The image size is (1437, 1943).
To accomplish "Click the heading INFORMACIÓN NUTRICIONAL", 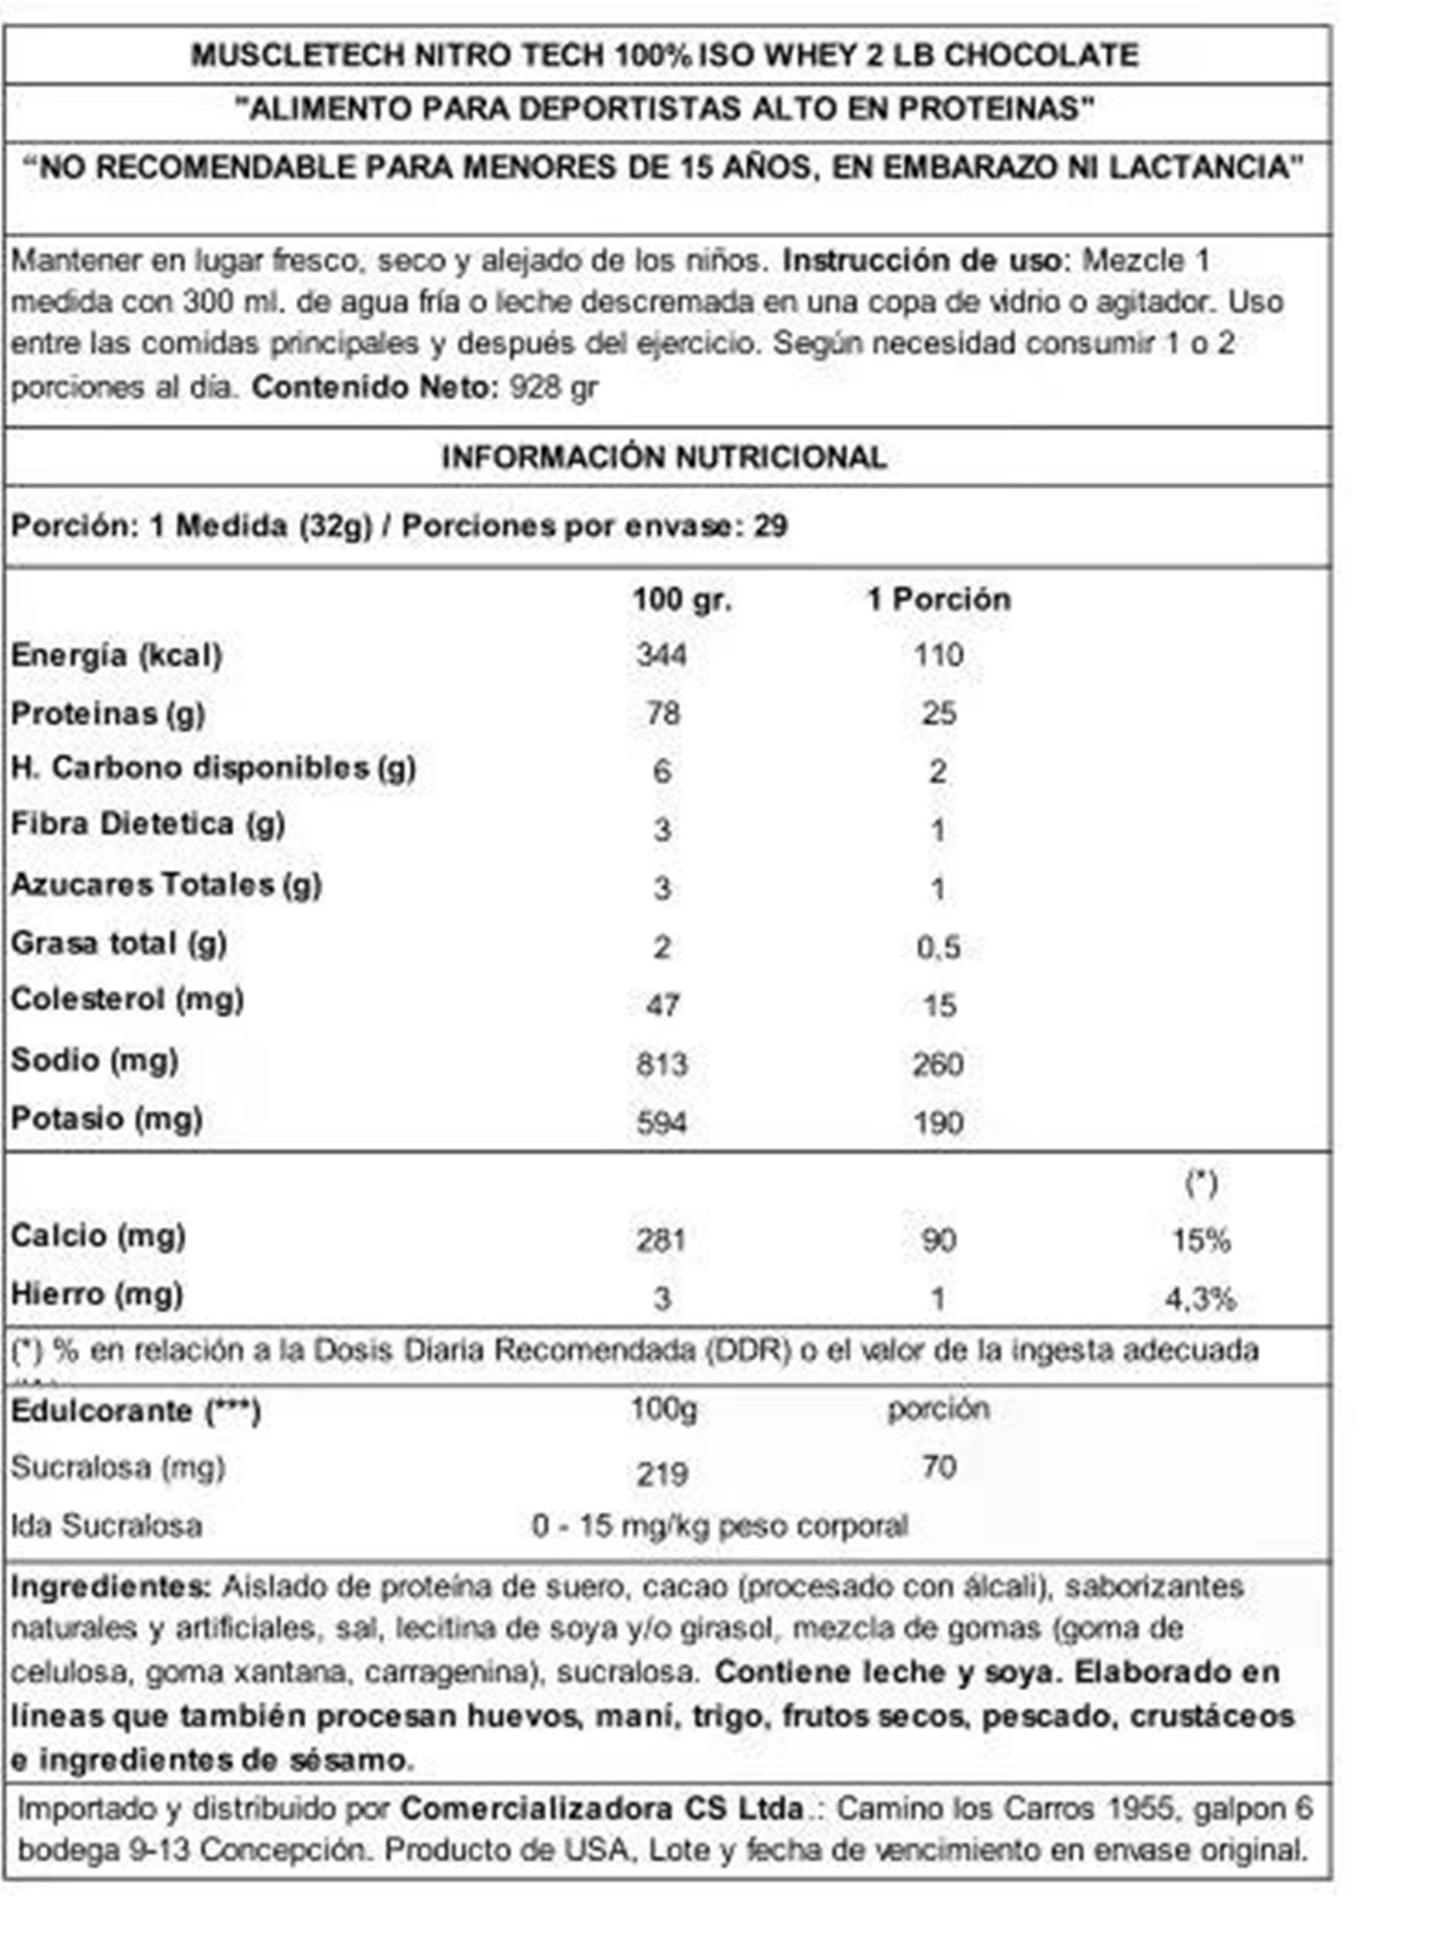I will [x=664, y=457].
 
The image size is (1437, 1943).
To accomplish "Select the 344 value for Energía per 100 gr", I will [x=661, y=654].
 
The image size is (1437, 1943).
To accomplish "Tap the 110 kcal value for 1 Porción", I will [x=938, y=654].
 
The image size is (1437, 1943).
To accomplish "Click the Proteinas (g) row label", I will [x=108, y=713].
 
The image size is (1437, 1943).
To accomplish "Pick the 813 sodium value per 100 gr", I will [x=661, y=1063].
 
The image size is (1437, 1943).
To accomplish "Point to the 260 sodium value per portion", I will [x=938, y=1063].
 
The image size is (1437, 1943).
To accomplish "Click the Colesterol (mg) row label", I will [x=127, y=1000].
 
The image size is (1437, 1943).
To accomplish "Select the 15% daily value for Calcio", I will [x=1200, y=1240].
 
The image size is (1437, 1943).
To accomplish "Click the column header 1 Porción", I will [x=939, y=599].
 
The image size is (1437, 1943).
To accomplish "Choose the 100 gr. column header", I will [x=682, y=599].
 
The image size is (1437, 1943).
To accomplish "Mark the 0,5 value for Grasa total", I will [x=938, y=946].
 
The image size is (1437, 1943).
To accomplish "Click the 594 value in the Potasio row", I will [x=661, y=1123].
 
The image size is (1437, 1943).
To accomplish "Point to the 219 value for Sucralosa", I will [x=662, y=1474].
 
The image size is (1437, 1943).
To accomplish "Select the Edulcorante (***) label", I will [x=136, y=1410].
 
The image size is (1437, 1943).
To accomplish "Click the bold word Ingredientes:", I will [x=111, y=1586].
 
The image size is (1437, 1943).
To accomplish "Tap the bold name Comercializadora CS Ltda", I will [x=602, y=1808].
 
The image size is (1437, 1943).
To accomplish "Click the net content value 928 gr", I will [x=553, y=386].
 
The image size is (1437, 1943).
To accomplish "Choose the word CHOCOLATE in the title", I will [x=1040, y=55].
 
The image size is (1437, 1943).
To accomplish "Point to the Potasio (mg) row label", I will [x=106, y=1119].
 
